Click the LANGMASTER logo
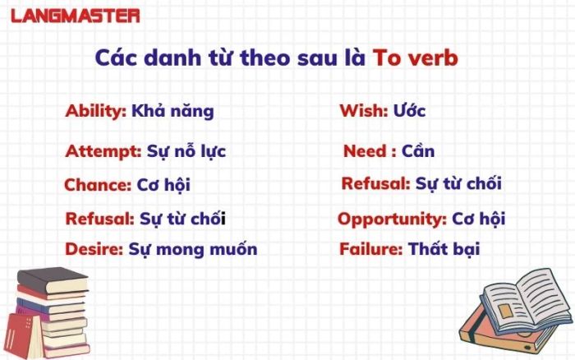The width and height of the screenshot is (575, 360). pyautogui.click(x=76, y=16)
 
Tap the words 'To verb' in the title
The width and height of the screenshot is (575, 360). pyautogui.click(x=415, y=58)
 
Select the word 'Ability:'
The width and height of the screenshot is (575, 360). pyautogui.click(x=96, y=111)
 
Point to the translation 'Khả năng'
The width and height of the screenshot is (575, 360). pyautogui.click(x=172, y=111)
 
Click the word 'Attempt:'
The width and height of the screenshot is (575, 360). pyautogui.click(x=103, y=151)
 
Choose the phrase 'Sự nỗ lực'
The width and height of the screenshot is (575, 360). pyautogui.click(x=186, y=151)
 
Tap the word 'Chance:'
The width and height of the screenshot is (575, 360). pyautogui.click(x=98, y=185)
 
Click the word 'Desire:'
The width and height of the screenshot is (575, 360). pyautogui.click(x=94, y=249)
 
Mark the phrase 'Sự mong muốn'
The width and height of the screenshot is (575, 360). pyautogui.click(x=193, y=250)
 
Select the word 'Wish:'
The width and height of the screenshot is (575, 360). pyautogui.click(x=364, y=111)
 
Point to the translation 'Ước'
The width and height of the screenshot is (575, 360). pyautogui.click(x=409, y=110)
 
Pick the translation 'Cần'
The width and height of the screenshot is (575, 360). pyautogui.click(x=418, y=150)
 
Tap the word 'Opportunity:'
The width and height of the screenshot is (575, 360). pyautogui.click(x=392, y=219)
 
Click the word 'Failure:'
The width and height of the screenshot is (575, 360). pyautogui.click(x=371, y=249)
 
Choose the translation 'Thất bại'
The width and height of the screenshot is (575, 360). pyautogui.click(x=444, y=249)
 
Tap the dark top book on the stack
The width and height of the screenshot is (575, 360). pyautogui.click(x=53, y=281)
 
